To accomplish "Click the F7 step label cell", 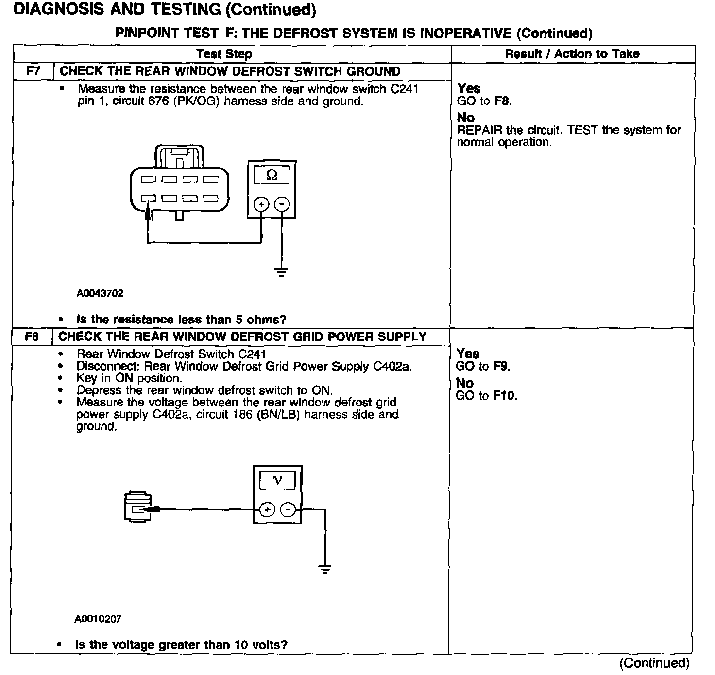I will (x=34, y=71).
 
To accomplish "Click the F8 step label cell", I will (x=32, y=337).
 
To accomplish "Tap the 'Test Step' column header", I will (x=224, y=54).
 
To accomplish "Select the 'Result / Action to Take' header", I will (x=572, y=54).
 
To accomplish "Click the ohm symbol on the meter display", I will (x=272, y=175).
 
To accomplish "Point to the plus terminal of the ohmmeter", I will (x=262, y=204).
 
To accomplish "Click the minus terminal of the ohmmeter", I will (x=282, y=204).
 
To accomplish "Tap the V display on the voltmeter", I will (x=277, y=480).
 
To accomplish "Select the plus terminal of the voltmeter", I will (x=268, y=509).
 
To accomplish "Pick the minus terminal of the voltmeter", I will (x=288, y=509).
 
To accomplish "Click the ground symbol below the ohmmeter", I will (x=281, y=271).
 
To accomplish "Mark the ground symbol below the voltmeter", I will (x=325, y=569).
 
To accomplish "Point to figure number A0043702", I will (x=100, y=293).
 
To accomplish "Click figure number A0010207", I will (x=98, y=619).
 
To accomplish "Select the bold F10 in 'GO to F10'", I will (x=505, y=396).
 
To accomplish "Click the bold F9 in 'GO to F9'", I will (x=501, y=367).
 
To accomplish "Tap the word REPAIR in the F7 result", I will (x=479, y=130).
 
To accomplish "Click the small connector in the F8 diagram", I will (x=138, y=508).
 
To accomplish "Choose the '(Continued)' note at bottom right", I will (x=654, y=663).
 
